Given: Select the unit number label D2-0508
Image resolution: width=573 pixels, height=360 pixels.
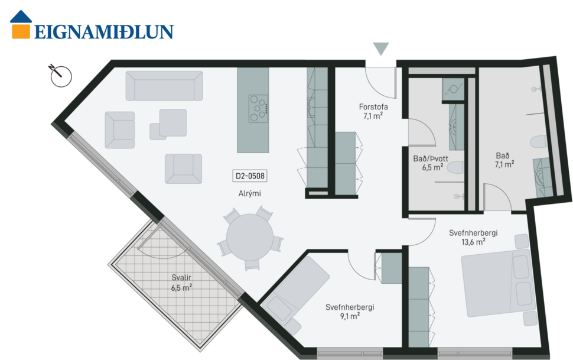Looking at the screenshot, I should point(250,176).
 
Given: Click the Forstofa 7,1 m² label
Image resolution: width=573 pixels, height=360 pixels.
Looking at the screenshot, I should point(373,112).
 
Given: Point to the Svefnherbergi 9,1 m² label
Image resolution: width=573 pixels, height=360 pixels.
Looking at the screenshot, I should point(349,311).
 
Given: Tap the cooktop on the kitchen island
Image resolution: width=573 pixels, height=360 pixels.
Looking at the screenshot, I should point(258,109).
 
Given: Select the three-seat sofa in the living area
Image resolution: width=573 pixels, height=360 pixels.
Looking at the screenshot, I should point(164,86).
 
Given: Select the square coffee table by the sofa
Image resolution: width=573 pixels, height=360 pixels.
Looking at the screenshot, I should point(172,122).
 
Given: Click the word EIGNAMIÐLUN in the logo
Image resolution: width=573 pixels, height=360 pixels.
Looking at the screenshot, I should point(103,32).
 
